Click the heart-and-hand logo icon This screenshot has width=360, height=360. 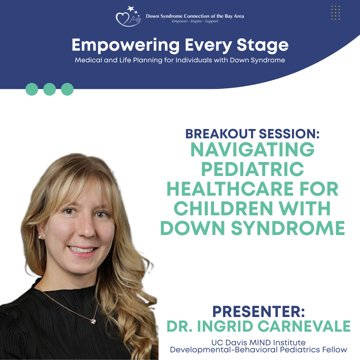tap(128, 17)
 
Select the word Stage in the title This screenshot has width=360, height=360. tap(262, 45)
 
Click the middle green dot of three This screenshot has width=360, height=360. tap(50, 89)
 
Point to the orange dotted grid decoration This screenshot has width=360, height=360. tap(335, 13)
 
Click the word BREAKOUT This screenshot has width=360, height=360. tap(220, 134)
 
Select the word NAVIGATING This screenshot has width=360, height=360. tap(252, 149)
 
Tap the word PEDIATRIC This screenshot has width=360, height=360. tap(253, 169)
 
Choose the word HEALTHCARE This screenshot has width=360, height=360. tap(230, 189)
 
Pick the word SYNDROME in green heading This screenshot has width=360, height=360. tap(288, 228)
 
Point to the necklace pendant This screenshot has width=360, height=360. tap(93, 321)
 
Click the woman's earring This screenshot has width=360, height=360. tap(40, 237)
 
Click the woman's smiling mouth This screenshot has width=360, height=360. tap(82, 251)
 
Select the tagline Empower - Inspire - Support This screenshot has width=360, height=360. tap(195, 21)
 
